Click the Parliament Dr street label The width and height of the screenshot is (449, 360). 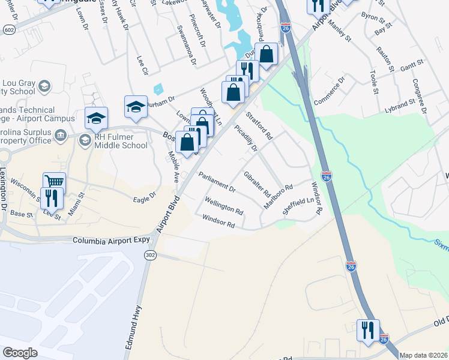217,182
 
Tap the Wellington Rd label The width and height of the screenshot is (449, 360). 224,206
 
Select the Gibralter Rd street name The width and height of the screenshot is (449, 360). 257,185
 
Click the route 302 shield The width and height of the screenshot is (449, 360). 150,254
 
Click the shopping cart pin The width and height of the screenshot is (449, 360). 54,182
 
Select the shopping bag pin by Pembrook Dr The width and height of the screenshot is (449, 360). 267,54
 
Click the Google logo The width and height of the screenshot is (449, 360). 20,353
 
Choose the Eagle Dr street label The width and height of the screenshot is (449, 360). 144,196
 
